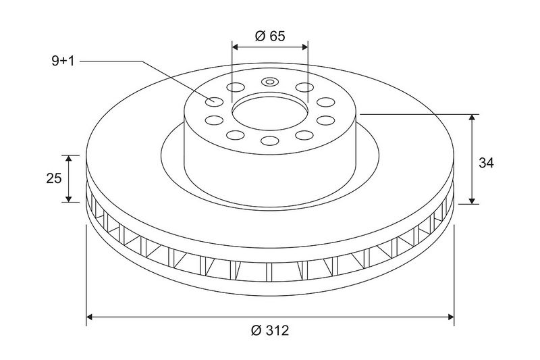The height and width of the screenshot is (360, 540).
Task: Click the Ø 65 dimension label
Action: [x=270, y=36]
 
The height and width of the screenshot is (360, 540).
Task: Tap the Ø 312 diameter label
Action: [x=270, y=330]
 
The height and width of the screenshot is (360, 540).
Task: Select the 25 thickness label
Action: [x=54, y=178]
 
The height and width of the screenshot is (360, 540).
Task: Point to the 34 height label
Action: [x=486, y=163]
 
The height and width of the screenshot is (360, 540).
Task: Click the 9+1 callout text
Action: [x=63, y=61]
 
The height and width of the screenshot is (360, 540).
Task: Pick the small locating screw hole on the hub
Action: [x=269, y=82]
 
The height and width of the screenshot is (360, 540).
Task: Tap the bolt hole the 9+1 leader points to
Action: [x=215, y=101]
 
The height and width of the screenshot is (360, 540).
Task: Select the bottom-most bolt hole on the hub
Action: [x=269, y=140]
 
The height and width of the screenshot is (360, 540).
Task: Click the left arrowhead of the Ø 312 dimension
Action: [x=89, y=317]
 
